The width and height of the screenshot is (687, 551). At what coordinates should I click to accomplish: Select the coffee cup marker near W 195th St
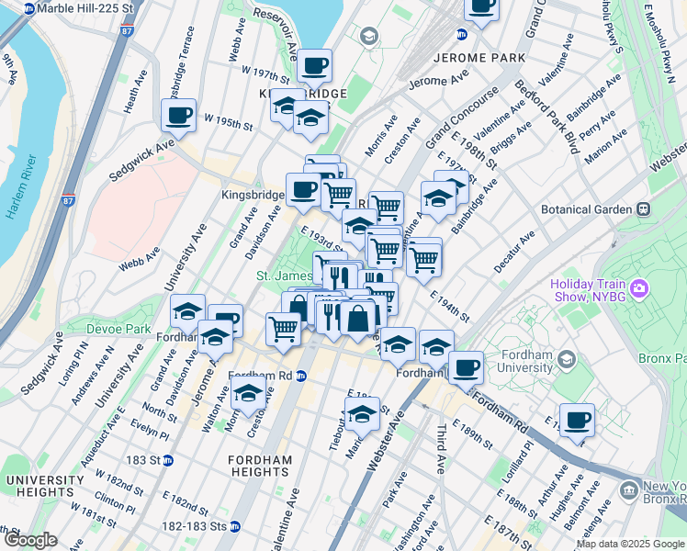point(178,116)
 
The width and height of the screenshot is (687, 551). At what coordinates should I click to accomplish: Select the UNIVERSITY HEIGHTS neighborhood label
point(44,487)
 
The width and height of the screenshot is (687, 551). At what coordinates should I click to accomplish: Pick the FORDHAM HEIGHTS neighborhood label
point(261,466)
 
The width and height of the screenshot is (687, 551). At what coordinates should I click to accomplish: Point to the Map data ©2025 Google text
point(631,544)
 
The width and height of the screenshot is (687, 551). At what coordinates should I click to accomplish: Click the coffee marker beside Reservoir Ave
point(314,66)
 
